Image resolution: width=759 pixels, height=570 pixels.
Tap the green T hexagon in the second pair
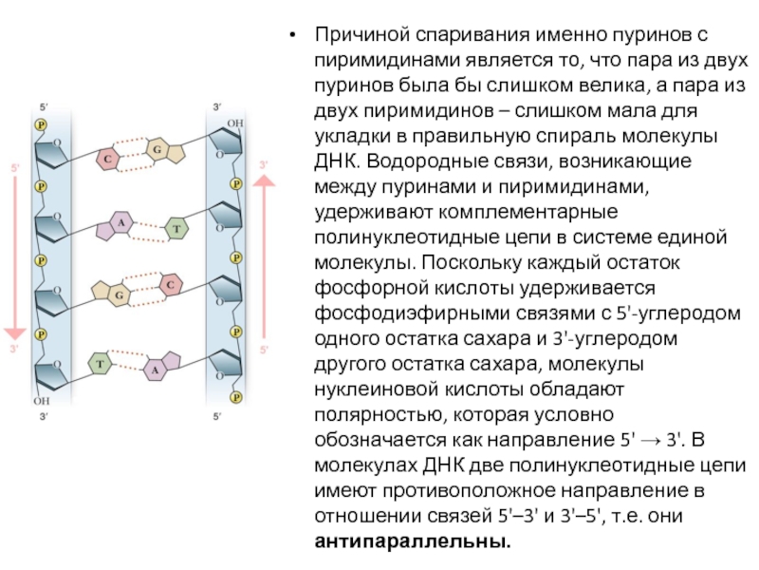tap(176, 228)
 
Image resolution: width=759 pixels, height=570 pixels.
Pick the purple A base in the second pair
tap(120, 223)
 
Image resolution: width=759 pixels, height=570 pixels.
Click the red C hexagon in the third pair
tap(169, 284)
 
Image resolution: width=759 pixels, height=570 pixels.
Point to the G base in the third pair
tap(120, 295)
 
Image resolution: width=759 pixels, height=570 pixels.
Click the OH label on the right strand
tap(234, 123)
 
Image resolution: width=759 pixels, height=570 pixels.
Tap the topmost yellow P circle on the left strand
tap(40, 124)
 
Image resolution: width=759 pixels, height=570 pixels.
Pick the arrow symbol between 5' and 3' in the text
tap(648, 441)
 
